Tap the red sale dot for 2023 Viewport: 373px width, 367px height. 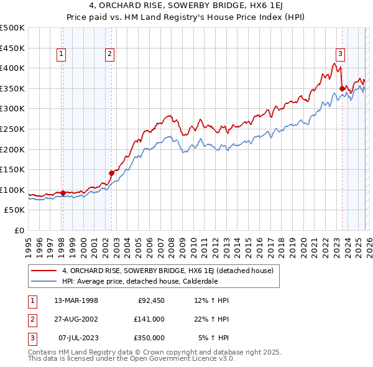tap(343, 88)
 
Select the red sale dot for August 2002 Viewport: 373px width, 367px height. tap(112, 173)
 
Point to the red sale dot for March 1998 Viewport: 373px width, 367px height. tap(63, 193)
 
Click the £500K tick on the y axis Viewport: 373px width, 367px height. tap(12, 28)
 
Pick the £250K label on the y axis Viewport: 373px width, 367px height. tap(12, 129)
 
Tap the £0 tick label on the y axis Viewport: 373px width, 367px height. tap(19, 230)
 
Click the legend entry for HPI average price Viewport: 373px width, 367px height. tap(140, 281)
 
